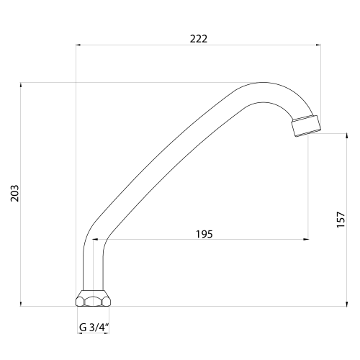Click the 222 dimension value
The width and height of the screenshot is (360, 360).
(199, 39)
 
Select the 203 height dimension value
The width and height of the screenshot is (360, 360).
(15, 193)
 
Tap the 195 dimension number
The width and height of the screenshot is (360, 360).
(204, 234)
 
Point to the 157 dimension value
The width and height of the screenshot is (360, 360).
(341, 220)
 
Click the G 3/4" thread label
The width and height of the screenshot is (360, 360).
(94, 327)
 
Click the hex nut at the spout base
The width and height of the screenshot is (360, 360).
(93, 298)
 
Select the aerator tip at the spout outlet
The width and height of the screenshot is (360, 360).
(306, 126)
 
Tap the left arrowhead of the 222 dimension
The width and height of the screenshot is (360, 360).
(78, 45)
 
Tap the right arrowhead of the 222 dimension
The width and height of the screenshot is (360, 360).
(318, 45)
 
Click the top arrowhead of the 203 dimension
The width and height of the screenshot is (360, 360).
(21, 85)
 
